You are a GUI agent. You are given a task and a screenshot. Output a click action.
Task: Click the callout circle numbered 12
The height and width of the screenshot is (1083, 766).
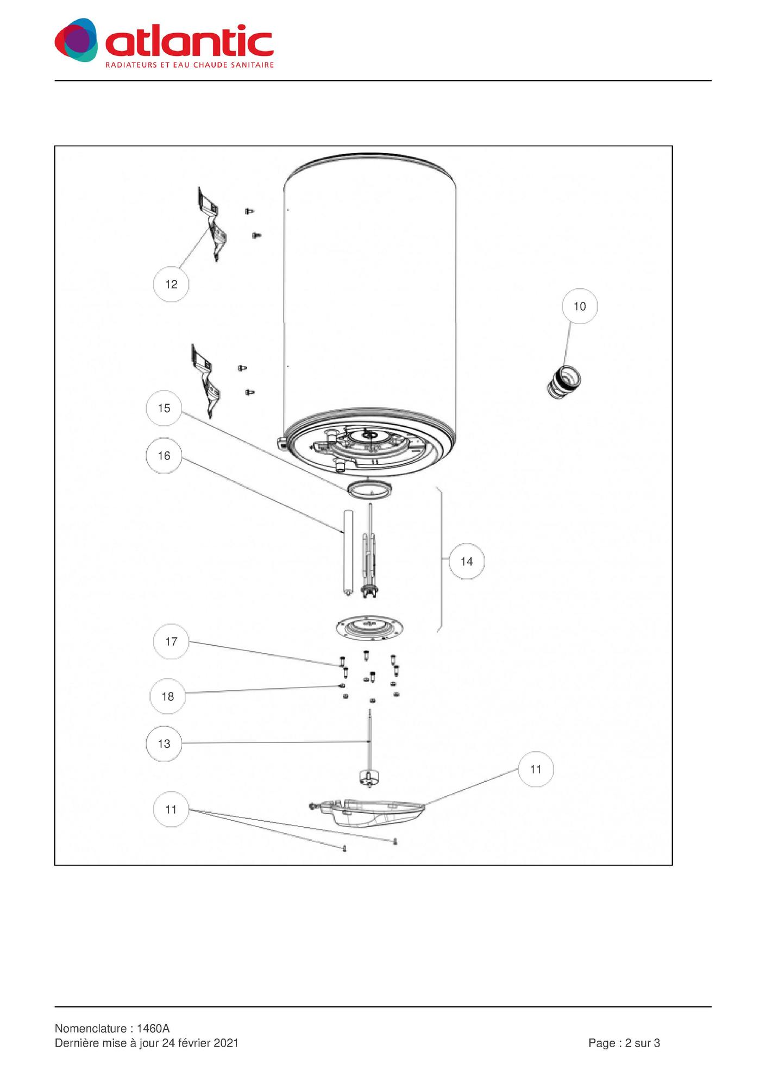(171, 284)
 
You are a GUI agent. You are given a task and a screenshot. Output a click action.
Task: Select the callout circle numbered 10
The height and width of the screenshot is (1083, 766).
(580, 306)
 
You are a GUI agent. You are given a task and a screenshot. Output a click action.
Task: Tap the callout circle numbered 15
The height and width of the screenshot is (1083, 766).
(164, 408)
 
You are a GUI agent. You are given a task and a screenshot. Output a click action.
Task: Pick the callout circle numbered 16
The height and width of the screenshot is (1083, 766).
(164, 456)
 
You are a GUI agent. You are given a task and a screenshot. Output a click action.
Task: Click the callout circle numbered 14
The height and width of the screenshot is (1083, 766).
(467, 562)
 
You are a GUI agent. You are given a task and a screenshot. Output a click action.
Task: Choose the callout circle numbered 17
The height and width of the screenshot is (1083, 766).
(171, 641)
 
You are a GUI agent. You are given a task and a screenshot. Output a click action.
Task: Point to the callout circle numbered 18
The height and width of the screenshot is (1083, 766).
(167, 696)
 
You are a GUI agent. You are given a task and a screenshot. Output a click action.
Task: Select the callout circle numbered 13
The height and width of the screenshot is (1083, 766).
(164, 744)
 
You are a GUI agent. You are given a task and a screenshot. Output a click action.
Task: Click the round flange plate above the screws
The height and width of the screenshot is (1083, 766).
(369, 627)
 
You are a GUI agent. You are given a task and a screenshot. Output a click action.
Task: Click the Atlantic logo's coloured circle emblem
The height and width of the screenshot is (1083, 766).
(77, 40)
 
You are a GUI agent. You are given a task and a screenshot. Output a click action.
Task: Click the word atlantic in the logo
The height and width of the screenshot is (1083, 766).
(190, 42)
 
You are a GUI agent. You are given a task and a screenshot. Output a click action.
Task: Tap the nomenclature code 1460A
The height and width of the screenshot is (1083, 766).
(153, 1028)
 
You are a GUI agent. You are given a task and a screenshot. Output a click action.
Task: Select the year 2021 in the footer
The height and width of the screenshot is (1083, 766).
(226, 1043)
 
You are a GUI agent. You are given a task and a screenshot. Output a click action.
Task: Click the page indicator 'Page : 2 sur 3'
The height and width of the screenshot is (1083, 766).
(624, 1043)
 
